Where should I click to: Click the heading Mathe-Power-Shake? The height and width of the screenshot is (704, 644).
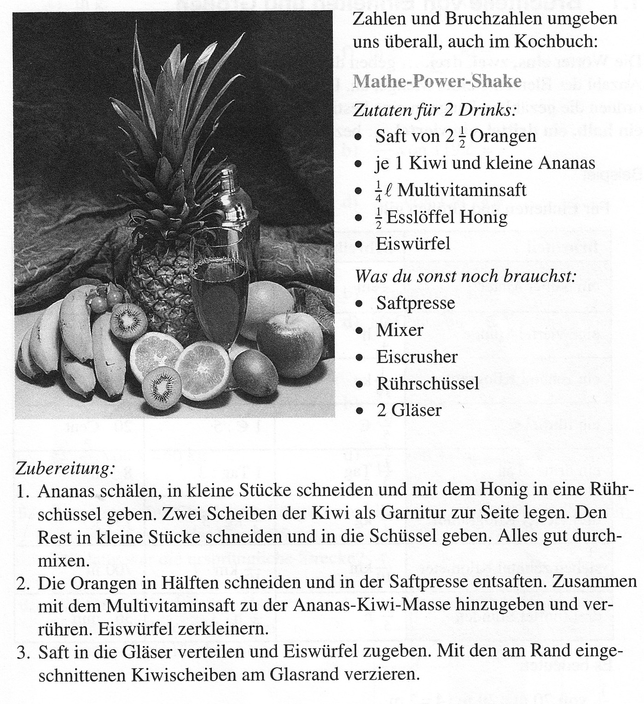[437, 81]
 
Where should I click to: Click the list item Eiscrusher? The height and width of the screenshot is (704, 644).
[417, 357]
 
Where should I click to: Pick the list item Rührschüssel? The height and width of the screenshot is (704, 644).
[428, 383]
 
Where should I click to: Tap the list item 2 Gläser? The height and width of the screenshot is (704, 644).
[409, 410]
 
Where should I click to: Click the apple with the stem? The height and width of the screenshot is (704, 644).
[290, 343]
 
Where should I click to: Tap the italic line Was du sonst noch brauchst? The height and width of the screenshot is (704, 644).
[465, 276]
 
